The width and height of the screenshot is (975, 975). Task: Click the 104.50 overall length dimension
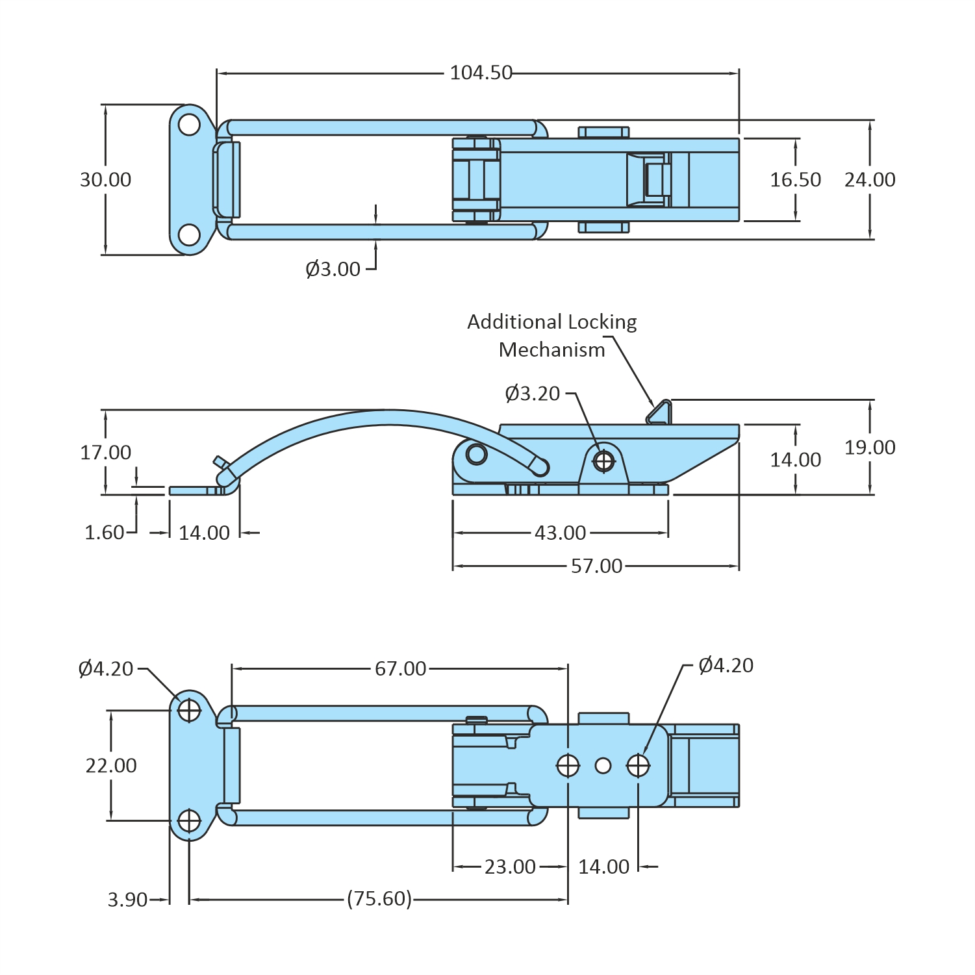481,73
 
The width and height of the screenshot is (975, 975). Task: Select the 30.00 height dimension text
105,180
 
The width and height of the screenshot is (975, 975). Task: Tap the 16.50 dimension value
795,180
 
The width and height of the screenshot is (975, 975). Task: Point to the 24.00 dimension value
870,180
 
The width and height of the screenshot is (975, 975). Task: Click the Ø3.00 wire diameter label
333,269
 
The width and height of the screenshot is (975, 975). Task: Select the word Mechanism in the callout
551,350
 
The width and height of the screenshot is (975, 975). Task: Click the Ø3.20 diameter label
532,394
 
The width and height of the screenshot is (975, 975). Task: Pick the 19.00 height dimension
870,448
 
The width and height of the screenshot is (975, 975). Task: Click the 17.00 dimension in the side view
105,453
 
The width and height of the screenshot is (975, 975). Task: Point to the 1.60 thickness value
104,533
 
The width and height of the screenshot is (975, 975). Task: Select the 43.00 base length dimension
560,533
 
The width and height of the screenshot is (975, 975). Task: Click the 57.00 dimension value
596,566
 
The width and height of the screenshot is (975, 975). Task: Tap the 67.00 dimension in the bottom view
400,668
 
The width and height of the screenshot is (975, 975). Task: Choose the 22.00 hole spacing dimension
111,766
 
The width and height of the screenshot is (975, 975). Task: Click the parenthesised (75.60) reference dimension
379,899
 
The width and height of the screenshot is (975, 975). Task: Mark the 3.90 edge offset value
127,900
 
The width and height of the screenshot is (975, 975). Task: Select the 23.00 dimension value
510,867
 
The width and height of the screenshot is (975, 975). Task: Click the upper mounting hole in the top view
189,125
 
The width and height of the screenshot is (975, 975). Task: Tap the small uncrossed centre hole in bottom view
603,766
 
